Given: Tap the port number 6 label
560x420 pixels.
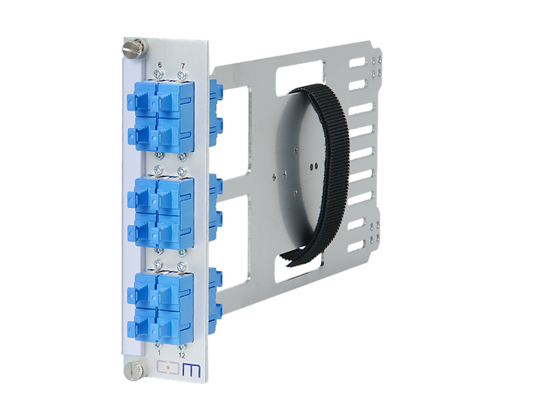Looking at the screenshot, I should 160,65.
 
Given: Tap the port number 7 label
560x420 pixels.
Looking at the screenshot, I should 182,65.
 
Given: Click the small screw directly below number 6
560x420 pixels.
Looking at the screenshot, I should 160,74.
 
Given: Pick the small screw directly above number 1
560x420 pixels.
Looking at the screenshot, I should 159,346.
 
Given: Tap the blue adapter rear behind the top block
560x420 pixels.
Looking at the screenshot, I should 215,112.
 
